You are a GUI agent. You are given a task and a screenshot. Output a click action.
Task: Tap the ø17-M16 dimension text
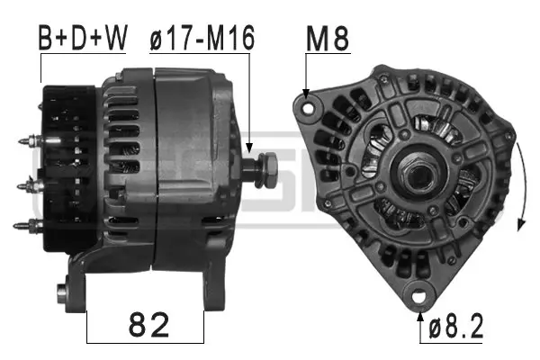pos(202,39)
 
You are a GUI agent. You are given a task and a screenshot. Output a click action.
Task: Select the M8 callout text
pos(328,39)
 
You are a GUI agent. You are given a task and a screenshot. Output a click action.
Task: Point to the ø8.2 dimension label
pos(457,327)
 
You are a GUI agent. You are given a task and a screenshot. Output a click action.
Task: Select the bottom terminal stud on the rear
pos(29,221)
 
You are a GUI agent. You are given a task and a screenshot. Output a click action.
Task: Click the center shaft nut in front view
pos(415,174)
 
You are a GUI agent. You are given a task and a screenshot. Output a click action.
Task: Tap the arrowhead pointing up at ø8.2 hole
pos(419,312)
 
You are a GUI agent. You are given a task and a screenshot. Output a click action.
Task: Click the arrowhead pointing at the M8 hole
pos(307,93)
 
